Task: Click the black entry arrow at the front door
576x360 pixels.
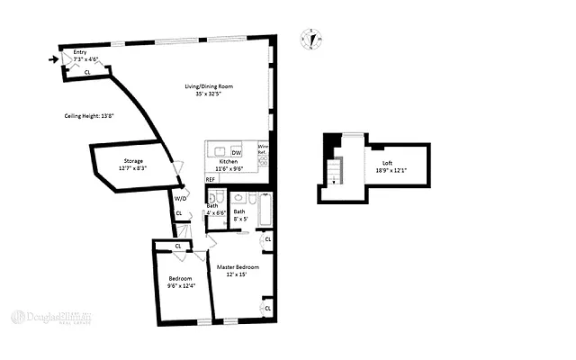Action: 52,60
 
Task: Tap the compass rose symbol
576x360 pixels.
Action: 312,40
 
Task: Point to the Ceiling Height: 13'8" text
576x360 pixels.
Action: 90,115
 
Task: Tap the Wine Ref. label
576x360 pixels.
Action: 263,149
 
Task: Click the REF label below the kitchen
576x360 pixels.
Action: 211,179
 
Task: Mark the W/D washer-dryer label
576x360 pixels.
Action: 180,197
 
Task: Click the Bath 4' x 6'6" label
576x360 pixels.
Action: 216,210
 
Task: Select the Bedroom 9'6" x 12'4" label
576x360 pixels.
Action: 180,283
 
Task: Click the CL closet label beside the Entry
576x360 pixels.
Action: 87,71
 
